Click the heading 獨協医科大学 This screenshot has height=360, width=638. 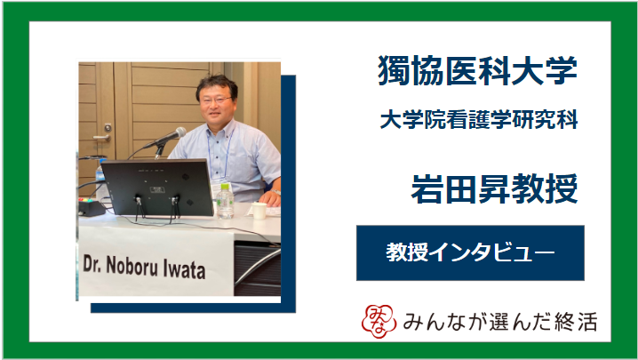pos(477,70)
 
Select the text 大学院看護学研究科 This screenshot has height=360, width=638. pos(479,120)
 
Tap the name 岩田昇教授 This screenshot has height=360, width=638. pos(494,188)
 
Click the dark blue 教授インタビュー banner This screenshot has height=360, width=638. pos(470,253)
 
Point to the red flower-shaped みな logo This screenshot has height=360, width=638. pos(379,321)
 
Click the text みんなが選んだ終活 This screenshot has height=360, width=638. pos(500,322)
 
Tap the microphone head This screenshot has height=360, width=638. pos(178,133)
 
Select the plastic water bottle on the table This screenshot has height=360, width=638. pos(225,201)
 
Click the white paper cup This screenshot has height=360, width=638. pos(259,211)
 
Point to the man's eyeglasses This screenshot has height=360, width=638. pos(216,100)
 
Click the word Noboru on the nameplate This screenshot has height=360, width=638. pos(132,267)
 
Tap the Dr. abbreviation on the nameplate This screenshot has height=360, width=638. pos(92,264)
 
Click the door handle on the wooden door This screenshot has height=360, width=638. pos(103,137)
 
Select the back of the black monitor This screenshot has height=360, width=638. pos(157,187)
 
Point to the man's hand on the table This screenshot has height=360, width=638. pos(270,198)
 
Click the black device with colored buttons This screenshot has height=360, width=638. pos(92,206)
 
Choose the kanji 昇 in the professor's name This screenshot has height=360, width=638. pos(494,188)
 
